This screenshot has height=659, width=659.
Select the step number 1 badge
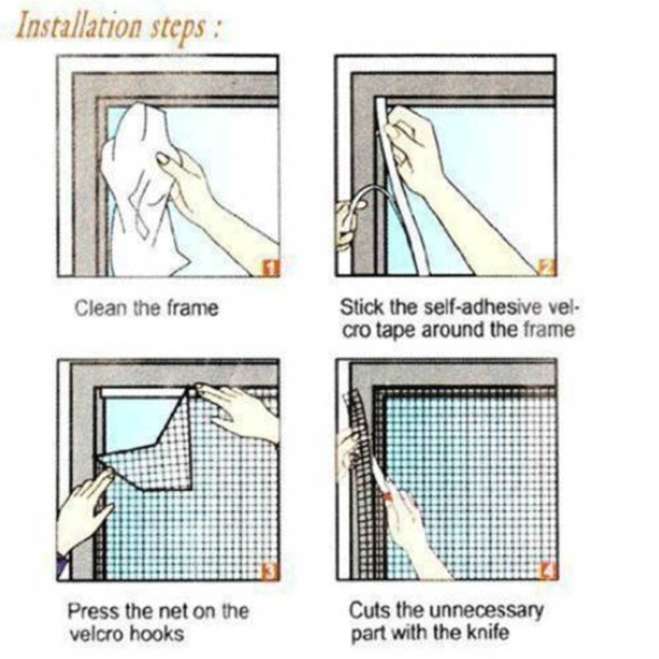click(273, 267)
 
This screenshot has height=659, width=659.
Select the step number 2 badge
click(549, 266)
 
